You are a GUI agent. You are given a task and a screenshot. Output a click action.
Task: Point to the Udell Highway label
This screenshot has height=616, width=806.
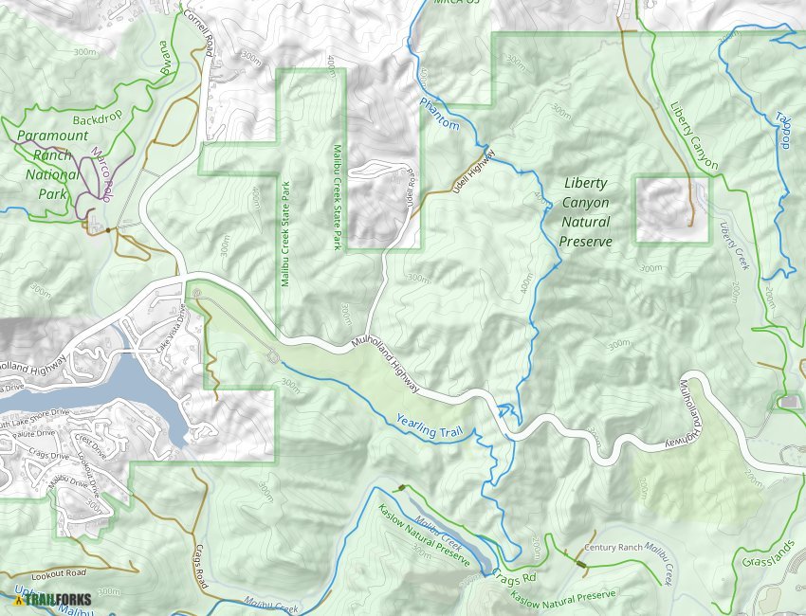click(x=474, y=172)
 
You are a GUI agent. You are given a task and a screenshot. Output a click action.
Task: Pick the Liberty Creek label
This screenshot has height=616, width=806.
click(x=734, y=246)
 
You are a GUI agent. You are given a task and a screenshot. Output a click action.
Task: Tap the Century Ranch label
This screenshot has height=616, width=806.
click(x=614, y=548)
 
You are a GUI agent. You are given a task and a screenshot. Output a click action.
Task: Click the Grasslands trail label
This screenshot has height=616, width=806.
click(x=770, y=563)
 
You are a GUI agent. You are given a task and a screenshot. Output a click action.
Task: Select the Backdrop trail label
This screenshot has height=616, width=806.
click(x=99, y=120)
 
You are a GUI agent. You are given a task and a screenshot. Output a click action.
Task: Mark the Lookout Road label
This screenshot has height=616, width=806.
click(x=58, y=573)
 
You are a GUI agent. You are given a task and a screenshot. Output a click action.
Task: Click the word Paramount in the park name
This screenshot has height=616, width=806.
click(x=52, y=136)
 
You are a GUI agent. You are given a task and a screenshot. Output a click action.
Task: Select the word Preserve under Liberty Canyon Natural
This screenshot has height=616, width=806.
click(x=585, y=242)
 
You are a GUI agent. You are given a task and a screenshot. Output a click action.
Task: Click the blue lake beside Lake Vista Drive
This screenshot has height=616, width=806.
click(x=142, y=379)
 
